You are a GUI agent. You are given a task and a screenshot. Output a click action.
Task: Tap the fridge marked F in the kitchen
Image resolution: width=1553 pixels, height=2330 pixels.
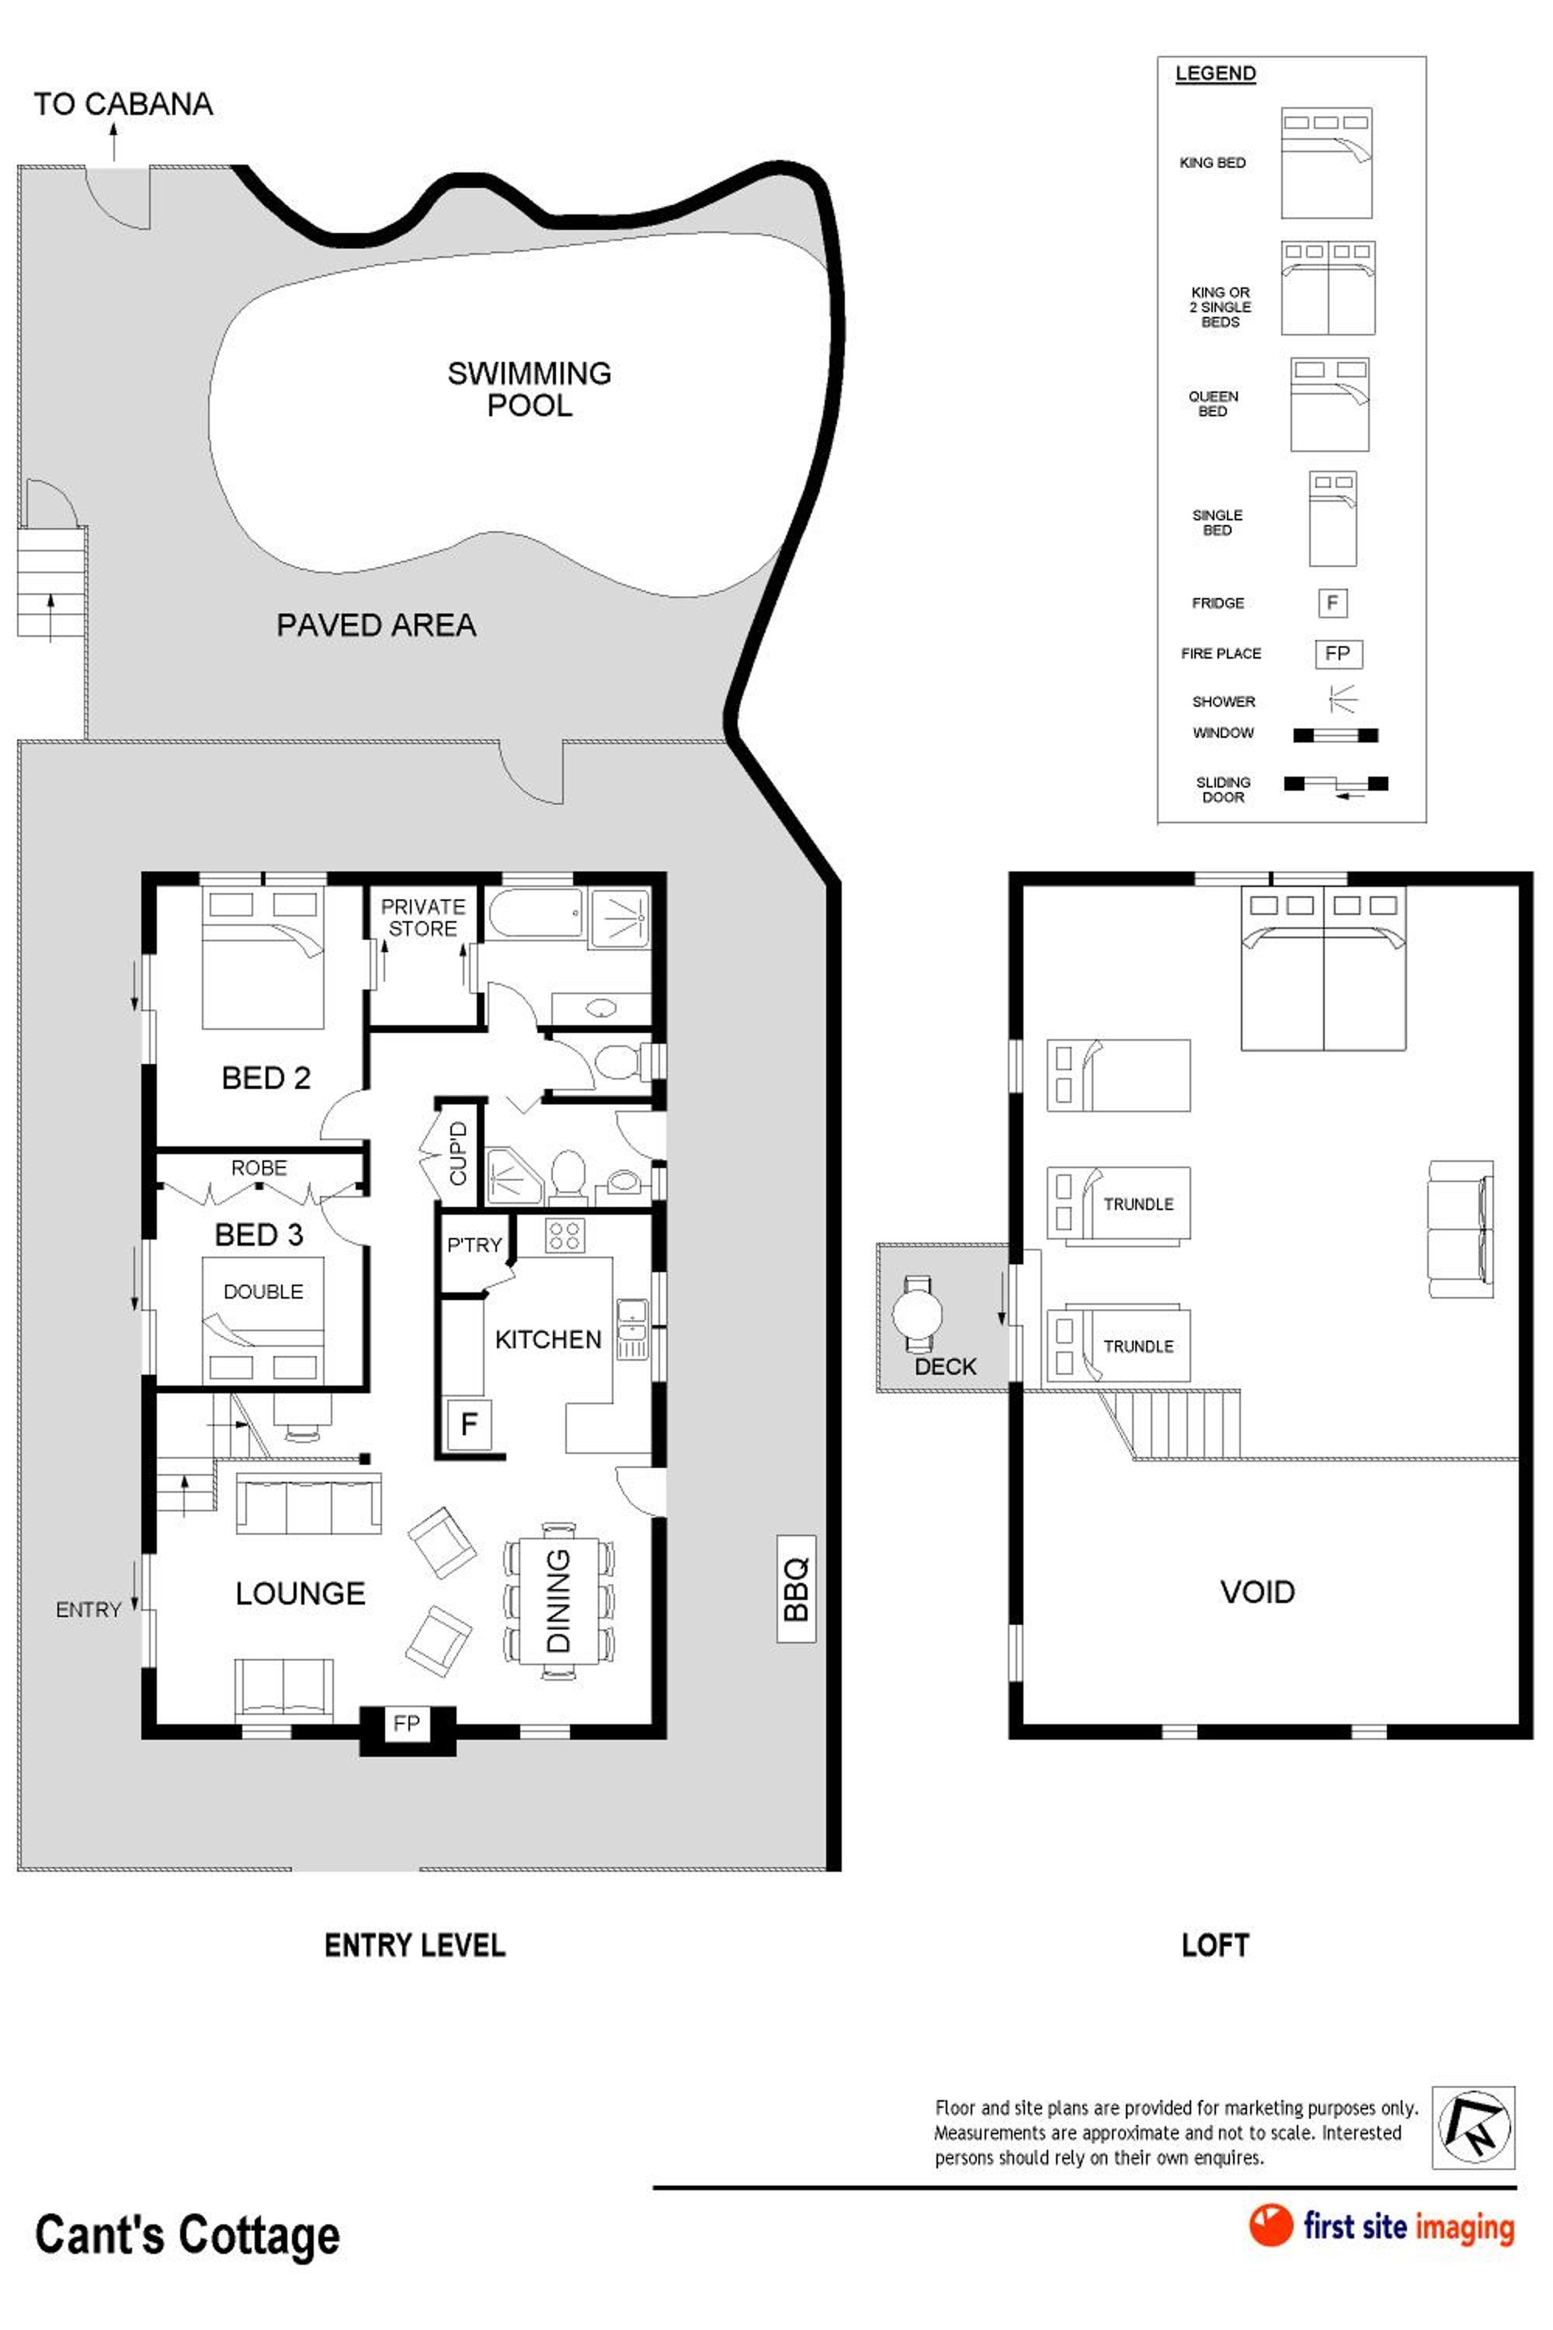470,1424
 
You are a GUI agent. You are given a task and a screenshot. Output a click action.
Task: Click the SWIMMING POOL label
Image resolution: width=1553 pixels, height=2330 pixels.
529,388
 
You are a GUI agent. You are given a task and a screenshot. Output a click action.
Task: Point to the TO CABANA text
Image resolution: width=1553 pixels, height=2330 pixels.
123,104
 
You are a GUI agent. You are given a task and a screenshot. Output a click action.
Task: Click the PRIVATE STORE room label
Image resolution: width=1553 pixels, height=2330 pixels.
423,917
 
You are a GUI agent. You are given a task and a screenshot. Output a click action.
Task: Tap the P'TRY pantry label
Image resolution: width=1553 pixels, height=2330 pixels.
474,1244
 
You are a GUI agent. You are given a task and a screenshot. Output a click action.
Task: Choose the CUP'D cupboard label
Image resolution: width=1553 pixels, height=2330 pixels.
457,1152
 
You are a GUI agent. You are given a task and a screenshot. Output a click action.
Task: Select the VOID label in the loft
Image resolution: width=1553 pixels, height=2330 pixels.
1257,1592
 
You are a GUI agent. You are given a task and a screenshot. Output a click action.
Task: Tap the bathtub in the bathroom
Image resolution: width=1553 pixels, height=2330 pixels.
535,913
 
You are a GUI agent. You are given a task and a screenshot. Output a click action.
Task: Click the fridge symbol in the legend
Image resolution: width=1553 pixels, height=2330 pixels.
1332,603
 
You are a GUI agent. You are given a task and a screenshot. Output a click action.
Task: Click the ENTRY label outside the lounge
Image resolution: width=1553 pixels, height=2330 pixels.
89,1610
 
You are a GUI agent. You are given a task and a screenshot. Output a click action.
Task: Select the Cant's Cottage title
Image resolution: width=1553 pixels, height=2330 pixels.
187,2235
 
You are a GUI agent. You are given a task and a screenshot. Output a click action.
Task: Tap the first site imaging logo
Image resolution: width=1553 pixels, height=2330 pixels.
1381,2225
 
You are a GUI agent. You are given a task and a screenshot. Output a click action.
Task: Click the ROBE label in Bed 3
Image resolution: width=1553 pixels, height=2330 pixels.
259,1168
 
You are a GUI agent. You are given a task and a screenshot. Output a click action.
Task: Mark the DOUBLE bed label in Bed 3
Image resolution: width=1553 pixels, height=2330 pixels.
263,1292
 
